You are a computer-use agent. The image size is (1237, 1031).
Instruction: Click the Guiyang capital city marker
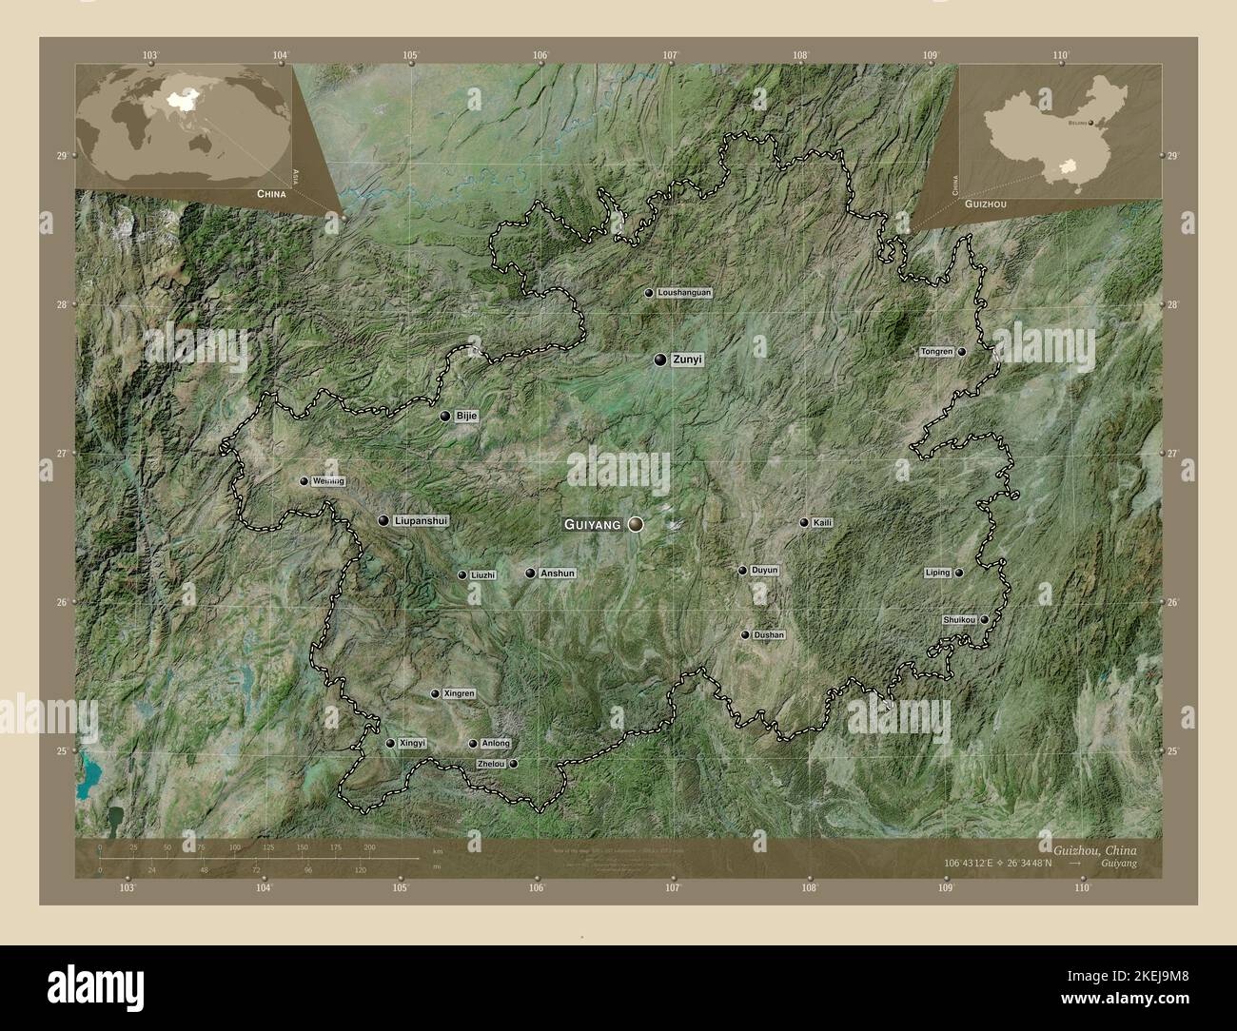click(x=636, y=524)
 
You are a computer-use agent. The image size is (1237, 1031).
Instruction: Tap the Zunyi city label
click(x=686, y=360)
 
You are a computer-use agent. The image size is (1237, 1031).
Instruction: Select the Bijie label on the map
click(x=465, y=416)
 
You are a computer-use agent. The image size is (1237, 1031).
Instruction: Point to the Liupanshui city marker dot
click(x=383, y=521)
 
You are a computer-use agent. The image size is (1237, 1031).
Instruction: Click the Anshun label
click(x=558, y=574)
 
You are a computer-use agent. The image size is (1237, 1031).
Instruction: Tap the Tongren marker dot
click(x=962, y=352)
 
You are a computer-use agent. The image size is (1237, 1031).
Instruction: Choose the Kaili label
click(x=823, y=523)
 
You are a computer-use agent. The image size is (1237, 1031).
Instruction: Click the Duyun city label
click(x=764, y=571)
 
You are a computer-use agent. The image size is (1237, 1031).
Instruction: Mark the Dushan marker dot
click(x=745, y=634)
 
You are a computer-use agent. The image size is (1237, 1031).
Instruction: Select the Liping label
click(x=937, y=573)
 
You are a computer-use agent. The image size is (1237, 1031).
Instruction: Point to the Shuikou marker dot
click(x=985, y=620)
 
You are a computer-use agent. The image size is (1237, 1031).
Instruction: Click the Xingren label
click(x=459, y=694)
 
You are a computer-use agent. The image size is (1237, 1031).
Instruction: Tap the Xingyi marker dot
click(x=390, y=744)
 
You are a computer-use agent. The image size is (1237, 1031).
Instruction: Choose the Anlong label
click(x=496, y=744)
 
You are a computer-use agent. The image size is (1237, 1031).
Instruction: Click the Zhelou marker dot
click(x=514, y=764)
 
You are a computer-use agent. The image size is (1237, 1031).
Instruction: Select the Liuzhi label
click(x=482, y=575)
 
